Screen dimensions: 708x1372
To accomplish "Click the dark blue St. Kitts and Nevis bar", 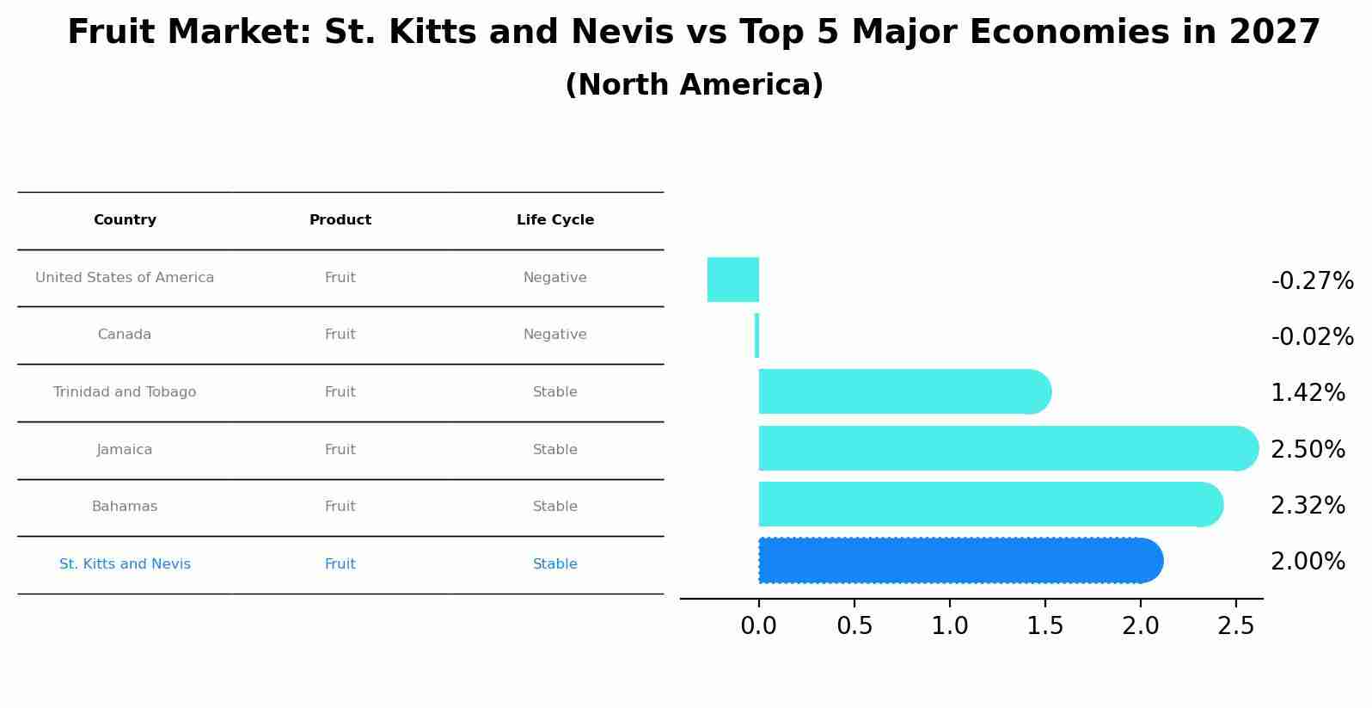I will pyautogui.click(x=954, y=561).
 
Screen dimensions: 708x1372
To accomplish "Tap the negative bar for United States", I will pyautogui.click(x=732, y=280).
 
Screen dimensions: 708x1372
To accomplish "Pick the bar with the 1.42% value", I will pyautogui.click(x=903, y=391).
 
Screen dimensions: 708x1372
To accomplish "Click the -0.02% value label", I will pyautogui.click(x=1312, y=337).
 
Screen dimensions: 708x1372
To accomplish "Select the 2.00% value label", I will pyautogui.click(x=1308, y=562).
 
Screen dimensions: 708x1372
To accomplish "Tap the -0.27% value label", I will pyautogui.click(x=1312, y=281).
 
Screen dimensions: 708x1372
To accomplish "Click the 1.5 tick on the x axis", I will pyautogui.click(x=1044, y=626).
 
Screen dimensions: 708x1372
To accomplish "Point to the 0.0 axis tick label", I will pyautogui.click(x=758, y=626).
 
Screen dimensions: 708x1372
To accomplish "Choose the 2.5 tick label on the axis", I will pyautogui.click(x=1235, y=626).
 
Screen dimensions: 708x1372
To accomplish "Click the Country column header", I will pyautogui.click(x=125, y=220).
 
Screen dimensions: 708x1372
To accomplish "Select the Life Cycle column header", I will pyautogui.click(x=555, y=220).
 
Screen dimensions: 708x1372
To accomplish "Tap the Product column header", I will pyautogui.click(x=340, y=220).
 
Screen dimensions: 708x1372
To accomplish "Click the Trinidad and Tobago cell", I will pyautogui.click(x=125, y=392).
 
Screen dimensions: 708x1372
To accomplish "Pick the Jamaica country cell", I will pyautogui.click(x=125, y=450).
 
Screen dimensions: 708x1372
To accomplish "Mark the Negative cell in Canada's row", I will pyautogui.click(x=555, y=335).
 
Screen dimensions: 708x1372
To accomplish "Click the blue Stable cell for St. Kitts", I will pyautogui.click(x=555, y=564).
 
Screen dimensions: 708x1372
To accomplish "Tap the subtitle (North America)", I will pyautogui.click(x=694, y=85).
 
